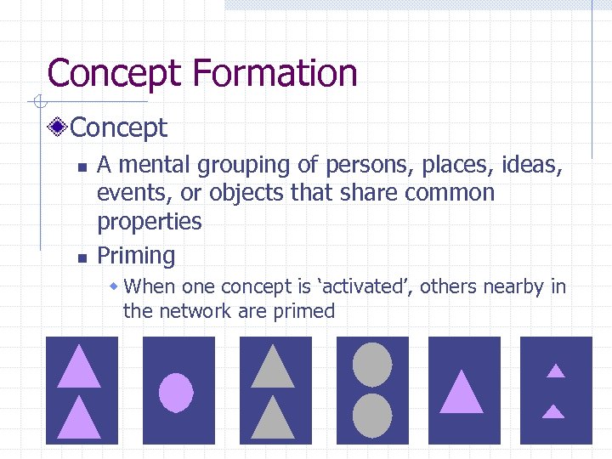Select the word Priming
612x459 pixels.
(136, 256)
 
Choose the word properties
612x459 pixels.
(150, 222)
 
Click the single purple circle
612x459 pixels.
(177, 393)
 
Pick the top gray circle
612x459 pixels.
(372, 364)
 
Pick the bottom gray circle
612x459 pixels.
(372, 416)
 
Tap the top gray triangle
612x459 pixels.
(273, 368)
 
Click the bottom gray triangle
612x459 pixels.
(273, 419)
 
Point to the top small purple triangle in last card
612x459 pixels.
(555, 371)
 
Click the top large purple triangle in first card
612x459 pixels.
(79, 367)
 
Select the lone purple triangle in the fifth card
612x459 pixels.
(462, 394)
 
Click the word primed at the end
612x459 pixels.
(304, 311)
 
